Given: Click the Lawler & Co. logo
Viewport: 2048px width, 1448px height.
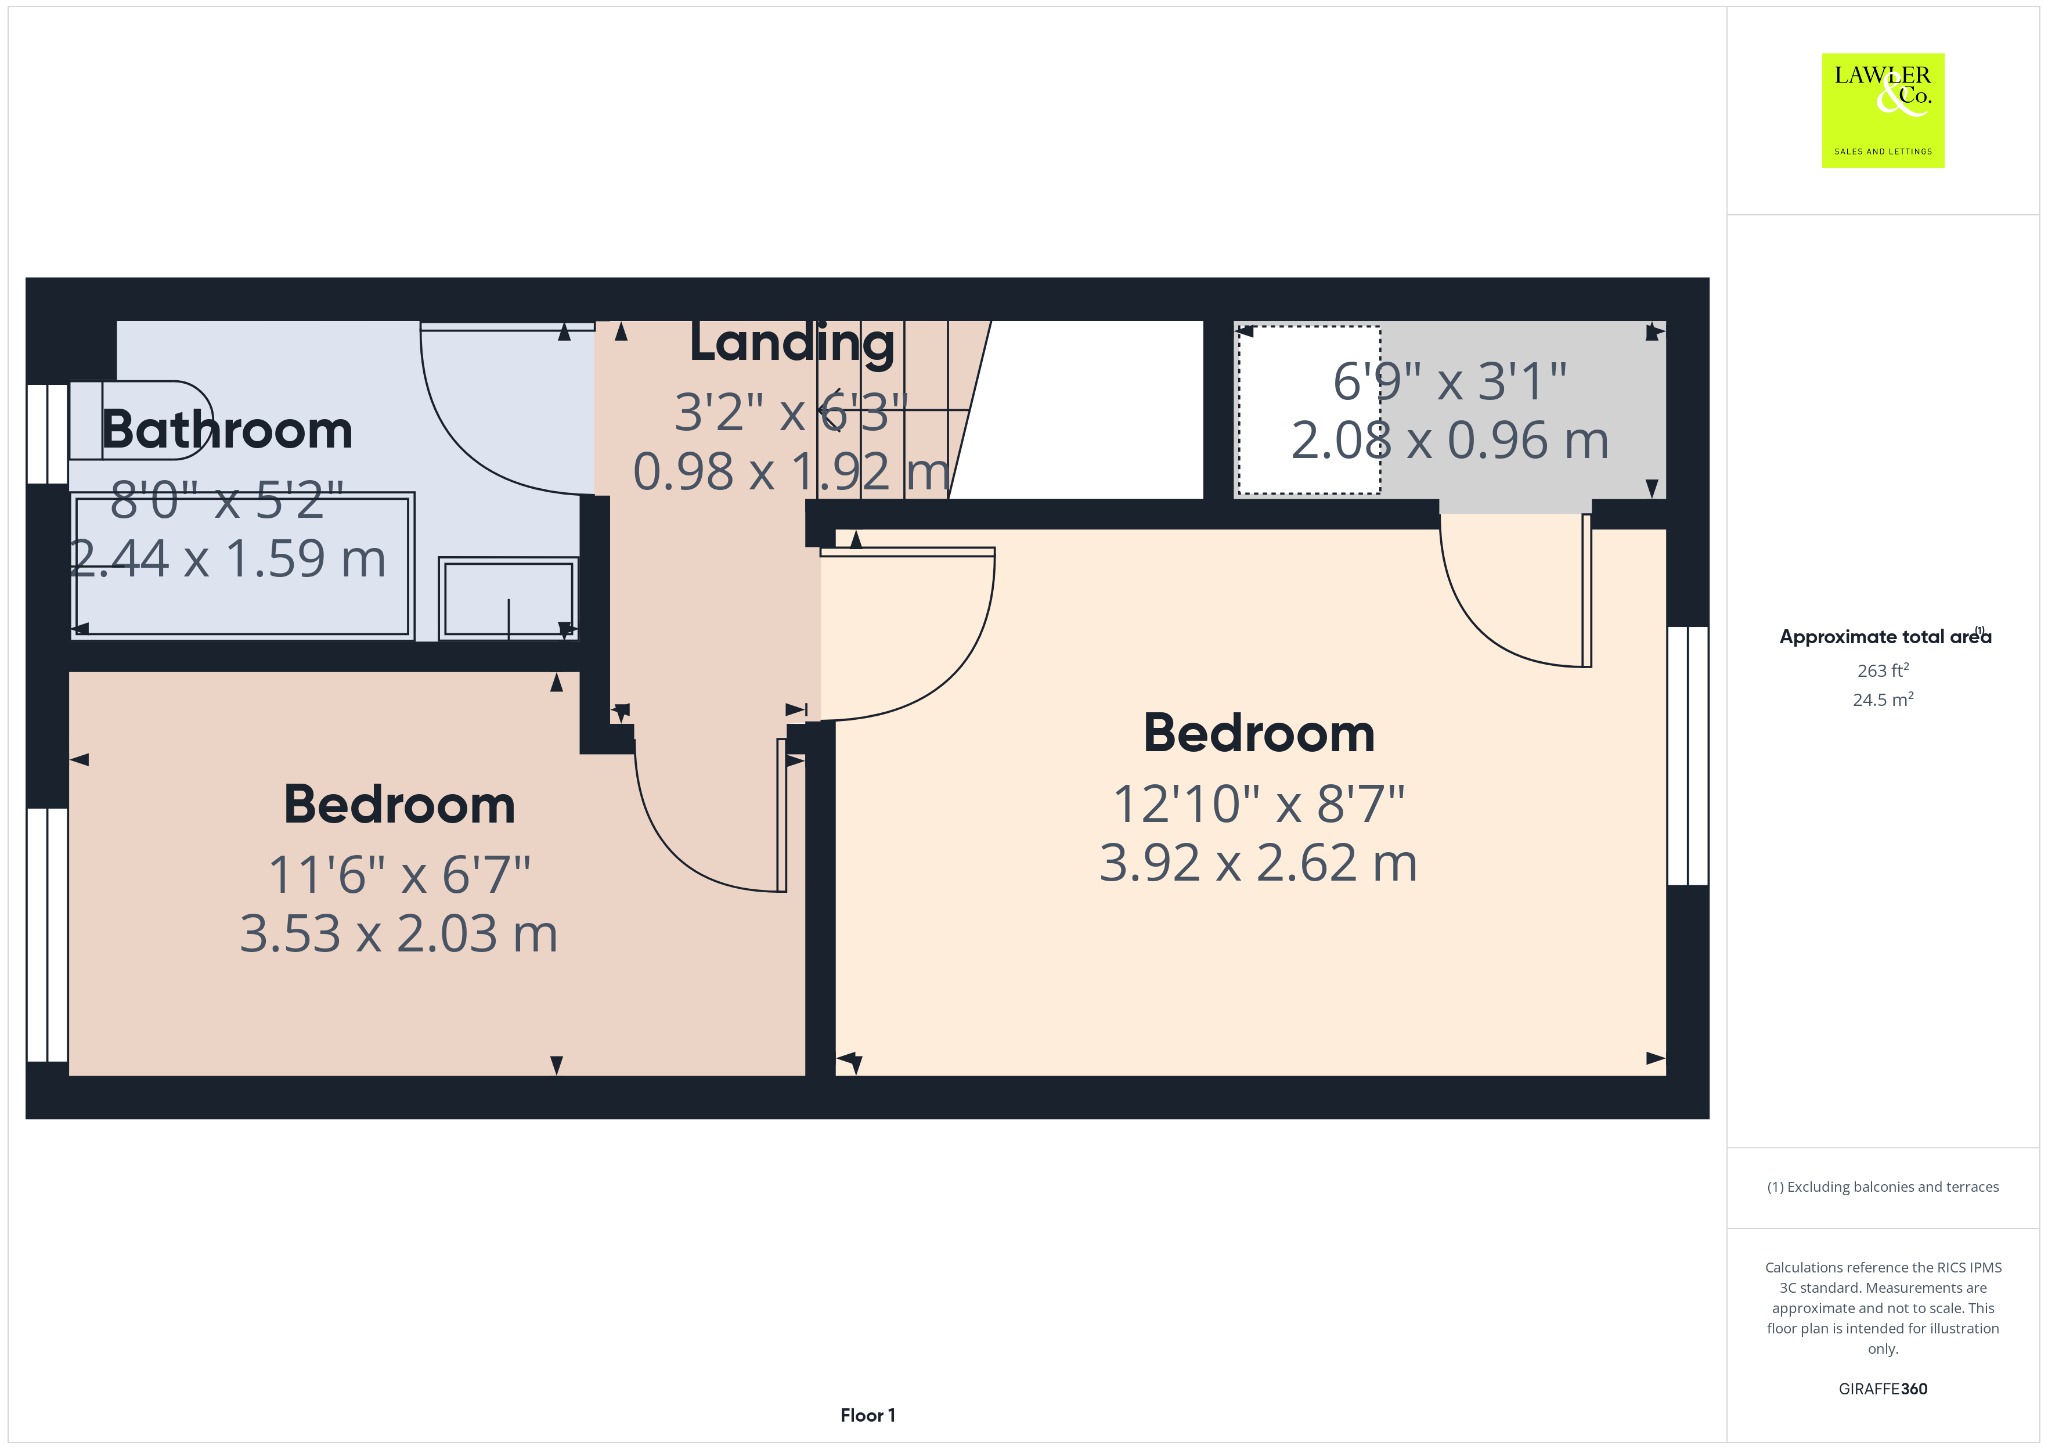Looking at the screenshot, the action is [x=1883, y=110].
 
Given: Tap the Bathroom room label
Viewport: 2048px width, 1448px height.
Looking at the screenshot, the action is [x=227, y=430].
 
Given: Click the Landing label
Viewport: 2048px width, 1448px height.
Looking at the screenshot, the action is [x=792, y=343].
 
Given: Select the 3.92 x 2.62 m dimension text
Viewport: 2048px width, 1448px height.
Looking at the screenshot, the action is [x=1258, y=863].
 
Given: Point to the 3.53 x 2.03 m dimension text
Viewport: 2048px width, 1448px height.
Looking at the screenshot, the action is [x=399, y=934].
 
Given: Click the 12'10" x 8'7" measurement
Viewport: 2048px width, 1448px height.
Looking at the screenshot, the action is [x=1259, y=804].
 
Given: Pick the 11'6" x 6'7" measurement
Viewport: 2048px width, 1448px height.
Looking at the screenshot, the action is [x=399, y=875].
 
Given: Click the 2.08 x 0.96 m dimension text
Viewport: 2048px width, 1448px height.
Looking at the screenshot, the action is [x=1450, y=440].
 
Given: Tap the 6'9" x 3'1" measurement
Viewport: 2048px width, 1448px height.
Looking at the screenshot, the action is [x=1450, y=381].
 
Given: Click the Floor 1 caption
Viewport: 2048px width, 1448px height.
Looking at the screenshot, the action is [x=868, y=1415].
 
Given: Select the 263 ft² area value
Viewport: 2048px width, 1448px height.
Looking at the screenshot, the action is [x=1883, y=670].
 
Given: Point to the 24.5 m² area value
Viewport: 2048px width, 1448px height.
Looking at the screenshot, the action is [x=1883, y=699].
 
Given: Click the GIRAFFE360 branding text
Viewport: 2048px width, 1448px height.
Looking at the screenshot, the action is [x=1883, y=1389].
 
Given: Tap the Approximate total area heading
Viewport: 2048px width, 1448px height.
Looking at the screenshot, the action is [x=1885, y=636].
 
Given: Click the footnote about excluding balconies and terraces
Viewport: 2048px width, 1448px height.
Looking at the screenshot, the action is [x=1883, y=1187].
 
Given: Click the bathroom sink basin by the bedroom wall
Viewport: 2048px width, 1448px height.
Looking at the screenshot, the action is [x=509, y=598].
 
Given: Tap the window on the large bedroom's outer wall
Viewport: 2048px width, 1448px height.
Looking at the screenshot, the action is [x=1688, y=756].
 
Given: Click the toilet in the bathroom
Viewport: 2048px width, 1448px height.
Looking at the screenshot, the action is [x=141, y=420].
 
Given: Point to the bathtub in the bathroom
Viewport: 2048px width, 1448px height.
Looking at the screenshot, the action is [x=242, y=565].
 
